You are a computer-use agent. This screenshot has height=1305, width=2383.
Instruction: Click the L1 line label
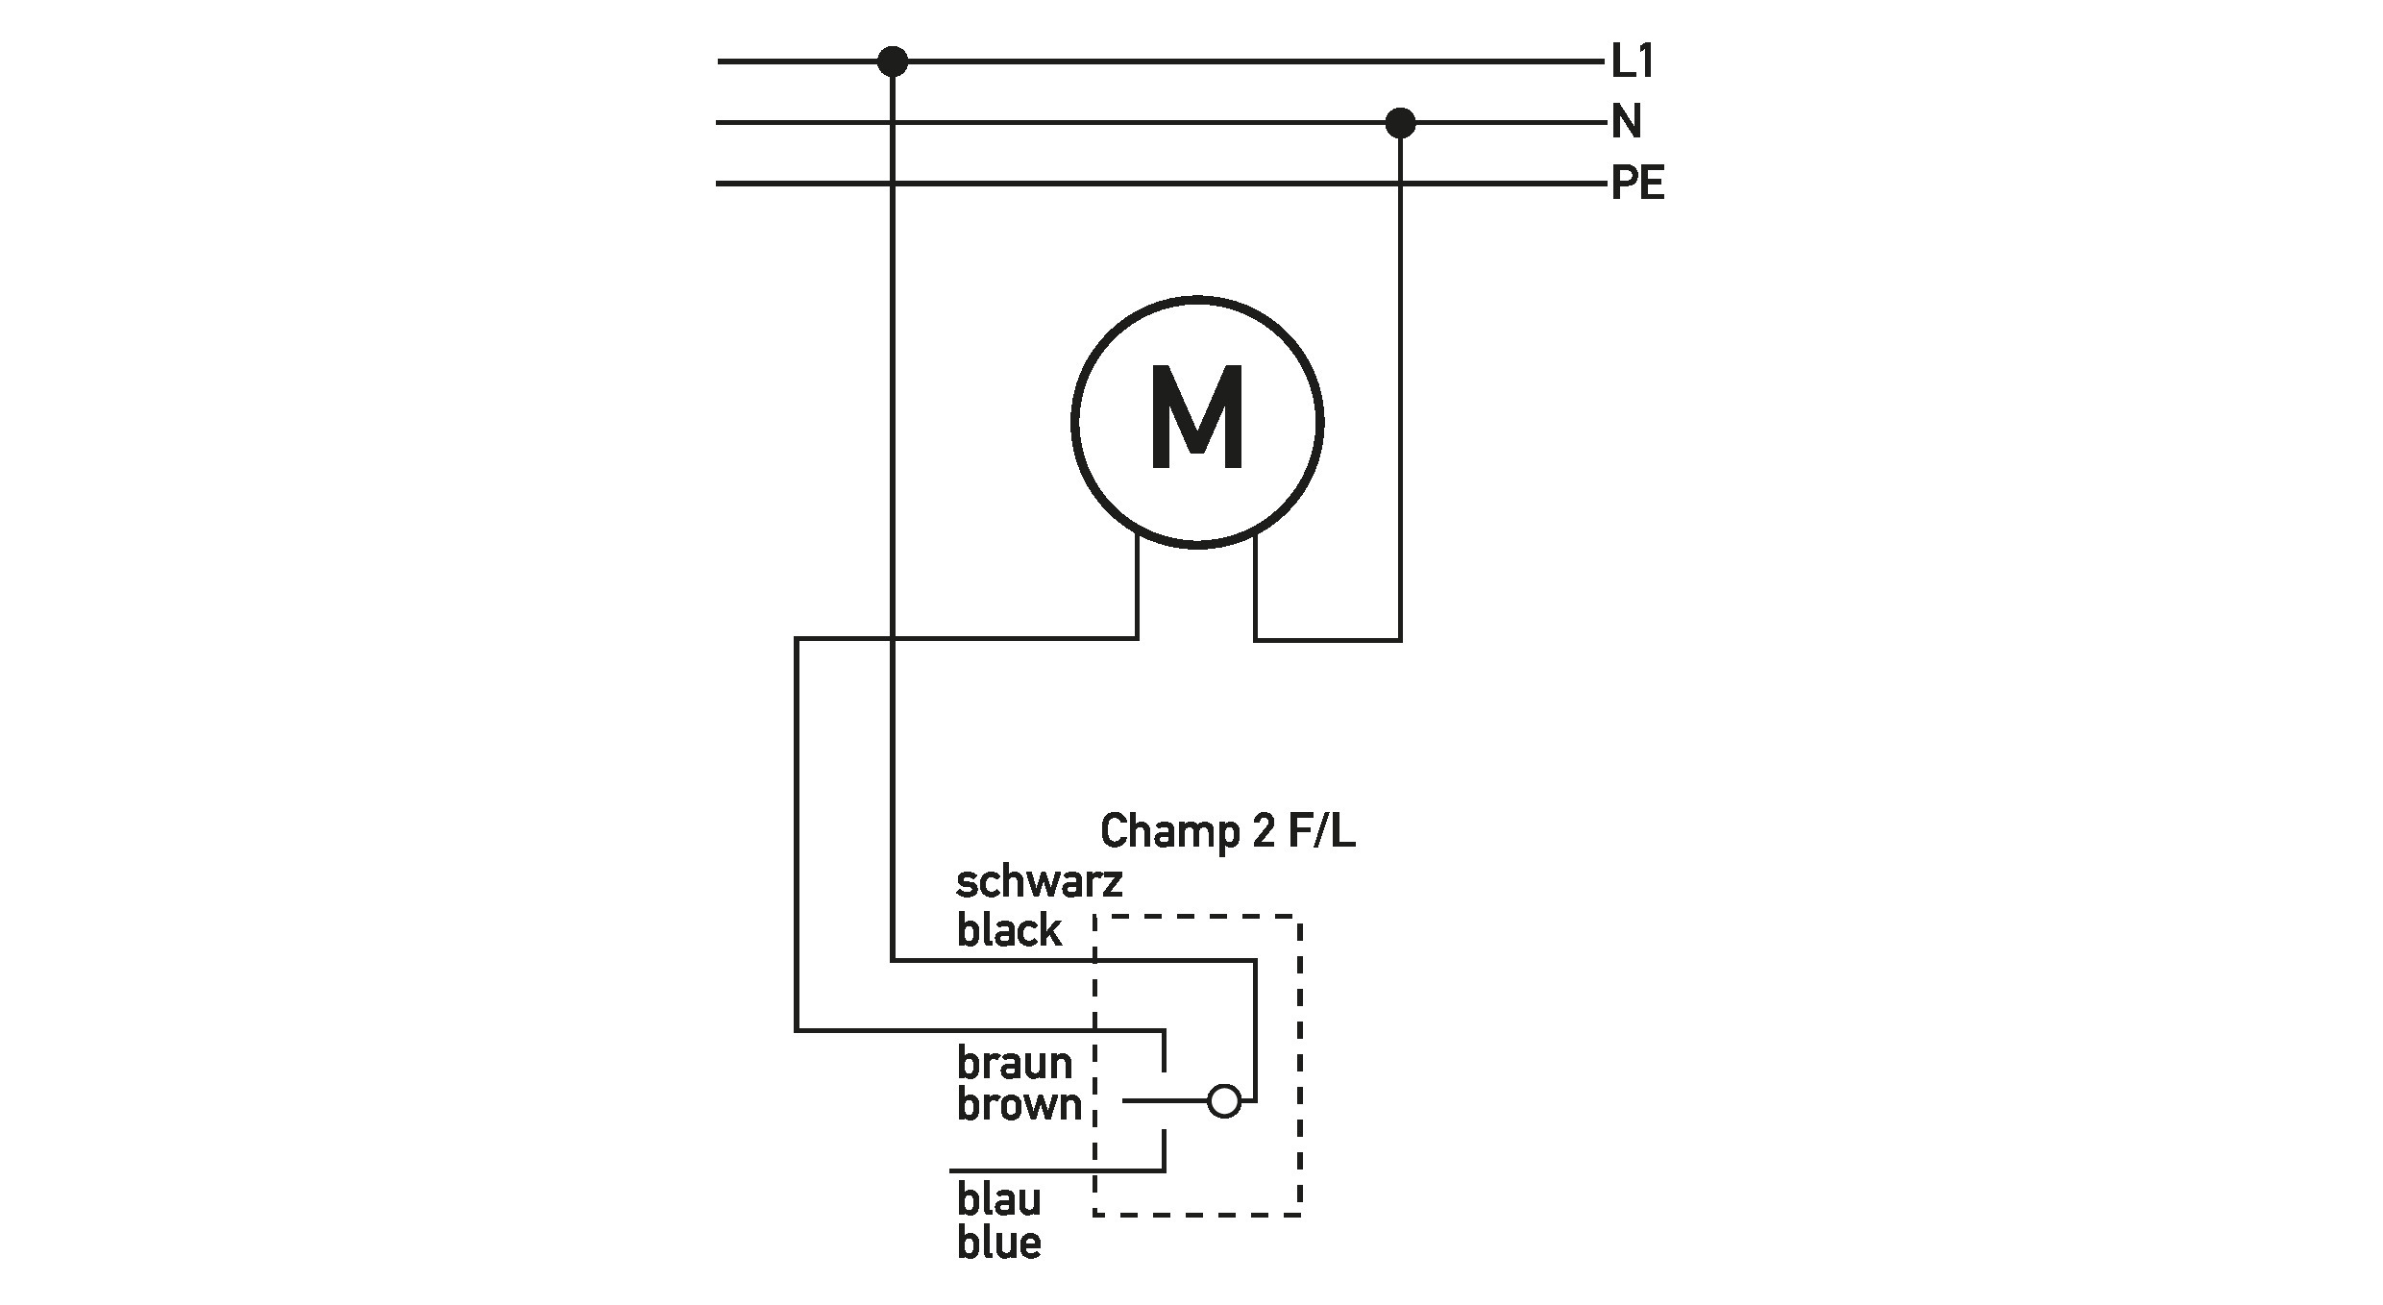[x=1633, y=62]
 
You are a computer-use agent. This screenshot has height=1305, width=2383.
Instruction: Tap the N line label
[x=1627, y=122]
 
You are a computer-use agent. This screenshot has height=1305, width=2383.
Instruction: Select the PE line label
[x=1637, y=183]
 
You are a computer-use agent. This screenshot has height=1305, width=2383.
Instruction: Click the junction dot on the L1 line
[x=893, y=62]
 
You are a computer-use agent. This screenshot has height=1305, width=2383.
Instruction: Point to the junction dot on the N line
[x=1400, y=123]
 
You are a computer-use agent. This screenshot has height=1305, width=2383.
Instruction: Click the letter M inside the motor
[x=1197, y=419]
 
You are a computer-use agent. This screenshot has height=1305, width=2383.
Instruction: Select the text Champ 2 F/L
[x=1227, y=831]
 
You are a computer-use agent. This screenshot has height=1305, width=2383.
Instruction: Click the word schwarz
[x=1039, y=882]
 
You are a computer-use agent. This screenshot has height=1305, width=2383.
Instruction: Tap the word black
[x=1009, y=930]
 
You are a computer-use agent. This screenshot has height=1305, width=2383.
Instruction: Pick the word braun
[x=1014, y=1063]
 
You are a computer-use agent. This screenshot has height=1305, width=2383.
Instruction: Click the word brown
[x=1019, y=1105]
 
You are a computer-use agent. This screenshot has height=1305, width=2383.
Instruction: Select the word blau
[x=999, y=1199]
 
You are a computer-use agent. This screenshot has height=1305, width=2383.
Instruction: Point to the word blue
[x=999, y=1243]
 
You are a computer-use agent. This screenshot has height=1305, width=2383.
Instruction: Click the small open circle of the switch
[x=1224, y=1101]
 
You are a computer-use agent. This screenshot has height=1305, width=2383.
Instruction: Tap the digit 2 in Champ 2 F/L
[x=1263, y=831]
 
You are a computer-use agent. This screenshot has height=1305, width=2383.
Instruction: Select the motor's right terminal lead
[x=1255, y=588]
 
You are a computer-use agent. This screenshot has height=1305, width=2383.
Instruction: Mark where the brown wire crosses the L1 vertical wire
[x=893, y=638]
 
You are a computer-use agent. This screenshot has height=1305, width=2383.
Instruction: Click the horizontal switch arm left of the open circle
[x=1165, y=1101]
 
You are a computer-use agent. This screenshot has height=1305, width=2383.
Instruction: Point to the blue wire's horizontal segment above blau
[x=1057, y=1171]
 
